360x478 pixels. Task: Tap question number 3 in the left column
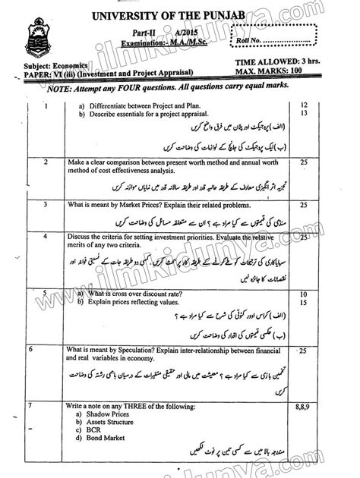(46, 205)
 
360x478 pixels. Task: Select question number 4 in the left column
(46, 238)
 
